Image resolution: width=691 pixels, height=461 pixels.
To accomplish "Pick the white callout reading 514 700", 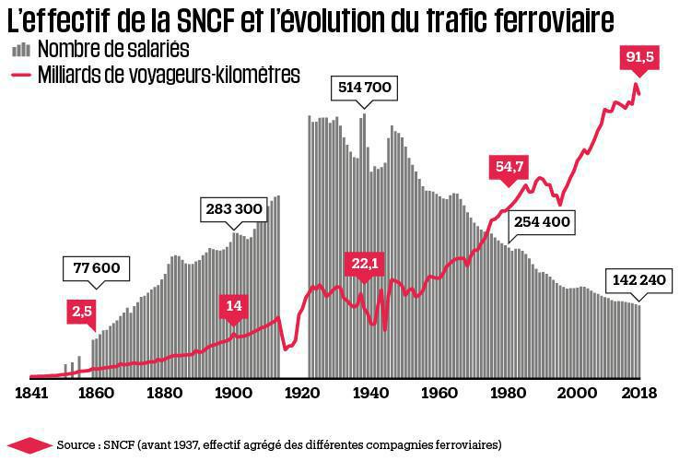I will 366,88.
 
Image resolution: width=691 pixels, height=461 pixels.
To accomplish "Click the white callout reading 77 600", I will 97,268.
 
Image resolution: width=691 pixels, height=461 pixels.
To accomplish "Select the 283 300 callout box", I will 235,209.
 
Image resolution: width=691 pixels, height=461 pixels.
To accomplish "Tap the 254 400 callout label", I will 541,222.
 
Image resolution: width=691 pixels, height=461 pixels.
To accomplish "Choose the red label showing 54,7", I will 509,167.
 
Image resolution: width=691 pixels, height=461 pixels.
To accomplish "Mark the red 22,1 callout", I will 363,265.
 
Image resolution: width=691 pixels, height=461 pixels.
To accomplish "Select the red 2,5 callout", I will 83,311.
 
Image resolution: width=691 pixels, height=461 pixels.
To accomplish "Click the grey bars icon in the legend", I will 20,47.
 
